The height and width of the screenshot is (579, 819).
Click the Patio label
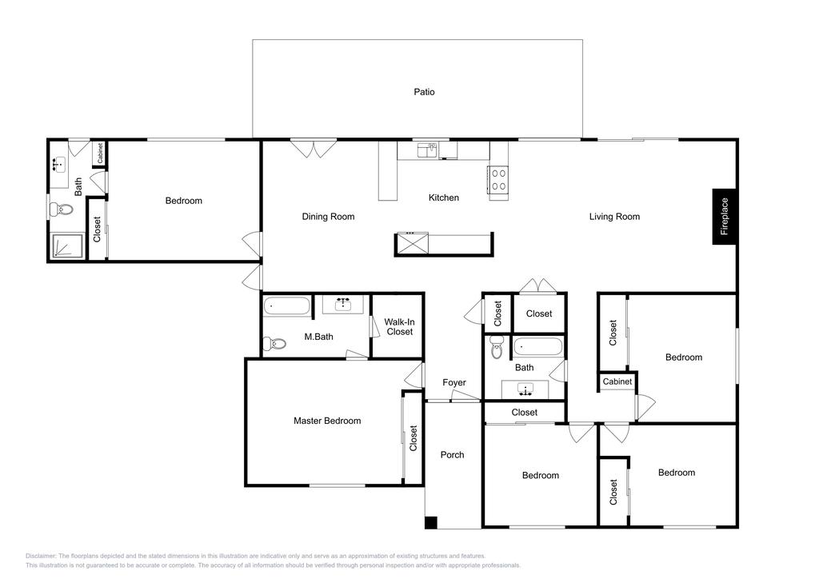point(424,92)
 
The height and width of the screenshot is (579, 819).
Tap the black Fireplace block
point(725,217)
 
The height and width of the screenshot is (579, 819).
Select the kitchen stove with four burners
point(498,179)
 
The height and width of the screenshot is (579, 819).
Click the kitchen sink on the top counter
point(426,150)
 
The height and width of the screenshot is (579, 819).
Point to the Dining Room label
point(328,217)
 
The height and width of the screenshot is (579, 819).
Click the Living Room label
point(614,217)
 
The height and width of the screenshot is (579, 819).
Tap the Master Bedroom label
point(327,421)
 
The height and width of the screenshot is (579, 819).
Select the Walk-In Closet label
point(398,326)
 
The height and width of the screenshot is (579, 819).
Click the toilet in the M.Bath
point(276,344)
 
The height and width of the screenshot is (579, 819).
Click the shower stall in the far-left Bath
point(66,246)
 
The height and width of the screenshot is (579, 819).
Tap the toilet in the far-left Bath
point(61,210)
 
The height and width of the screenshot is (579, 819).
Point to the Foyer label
point(454,383)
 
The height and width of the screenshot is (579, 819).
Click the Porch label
point(453,455)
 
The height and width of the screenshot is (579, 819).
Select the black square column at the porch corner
point(430,523)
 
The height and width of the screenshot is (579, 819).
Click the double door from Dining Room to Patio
point(313,149)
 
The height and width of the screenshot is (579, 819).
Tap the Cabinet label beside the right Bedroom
point(617,381)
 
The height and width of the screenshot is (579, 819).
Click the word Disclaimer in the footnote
point(41,555)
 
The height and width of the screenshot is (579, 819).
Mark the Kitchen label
point(444,198)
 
